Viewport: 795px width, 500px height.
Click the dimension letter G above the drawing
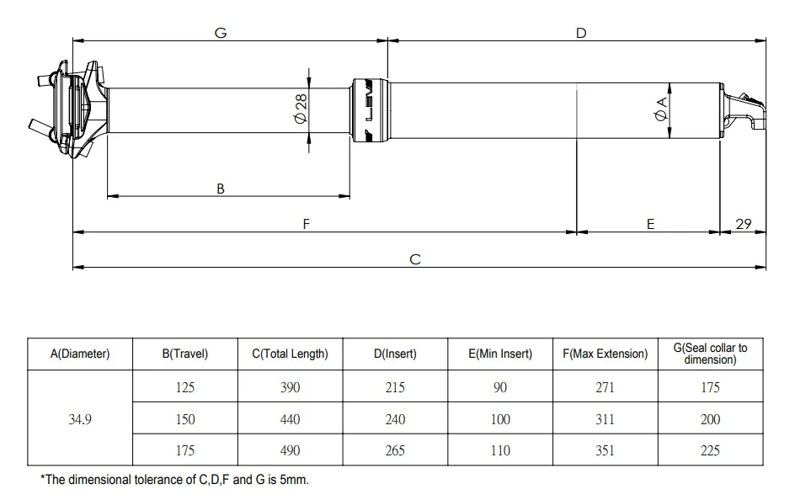coord(221,33)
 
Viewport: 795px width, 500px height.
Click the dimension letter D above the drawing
coord(581,33)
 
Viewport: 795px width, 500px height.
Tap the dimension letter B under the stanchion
coord(221,189)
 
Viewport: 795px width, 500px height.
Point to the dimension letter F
coord(307,224)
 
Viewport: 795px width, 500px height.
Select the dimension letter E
coord(650,224)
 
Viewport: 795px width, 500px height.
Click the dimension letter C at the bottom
coord(415,259)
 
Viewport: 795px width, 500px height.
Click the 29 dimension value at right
coord(744,224)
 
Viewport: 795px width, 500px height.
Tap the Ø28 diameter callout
coord(301,108)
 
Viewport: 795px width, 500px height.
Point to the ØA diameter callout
coord(661,109)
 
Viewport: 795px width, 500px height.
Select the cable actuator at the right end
coord(744,111)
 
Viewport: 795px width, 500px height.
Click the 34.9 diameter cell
coord(80,419)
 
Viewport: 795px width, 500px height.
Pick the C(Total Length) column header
coord(290,354)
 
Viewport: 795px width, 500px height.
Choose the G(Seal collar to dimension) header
coord(710,354)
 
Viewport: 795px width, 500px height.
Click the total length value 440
coord(290,419)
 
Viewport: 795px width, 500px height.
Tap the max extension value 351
coord(605,450)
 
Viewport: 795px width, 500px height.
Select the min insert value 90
coord(500,387)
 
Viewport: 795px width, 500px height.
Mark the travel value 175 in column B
coord(185,450)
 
